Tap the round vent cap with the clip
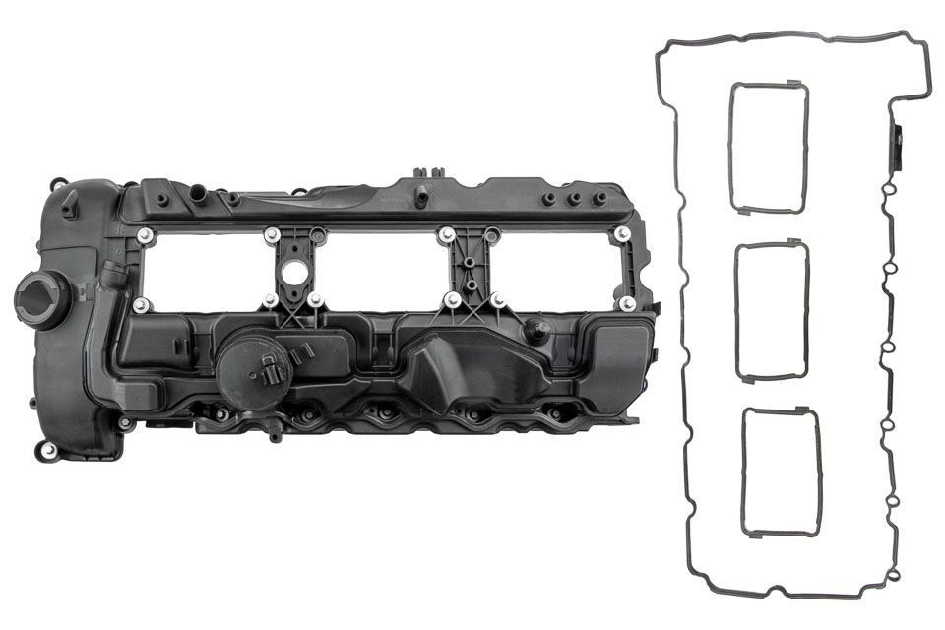click(257, 369)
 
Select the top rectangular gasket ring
click(768, 148)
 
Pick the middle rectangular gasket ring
click(772, 311)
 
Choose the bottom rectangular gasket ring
click(780, 472)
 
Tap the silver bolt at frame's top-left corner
click(144, 234)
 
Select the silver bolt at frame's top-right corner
click(622, 233)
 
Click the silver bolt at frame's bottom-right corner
click(627, 304)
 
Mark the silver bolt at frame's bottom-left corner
click(141, 304)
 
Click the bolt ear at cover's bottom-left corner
click(48, 450)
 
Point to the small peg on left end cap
click(69, 207)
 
